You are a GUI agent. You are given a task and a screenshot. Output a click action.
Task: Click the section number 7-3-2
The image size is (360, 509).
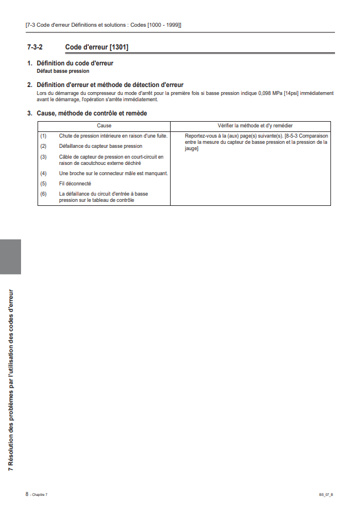[35, 46]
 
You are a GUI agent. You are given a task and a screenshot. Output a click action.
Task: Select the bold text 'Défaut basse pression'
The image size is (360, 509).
[63, 71]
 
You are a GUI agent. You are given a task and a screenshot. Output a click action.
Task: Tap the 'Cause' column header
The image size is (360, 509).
[104, 125]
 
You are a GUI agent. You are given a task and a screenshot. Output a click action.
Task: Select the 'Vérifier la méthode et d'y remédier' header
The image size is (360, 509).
[255, 125]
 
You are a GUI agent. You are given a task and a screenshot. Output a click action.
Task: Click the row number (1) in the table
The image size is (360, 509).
[43, 136]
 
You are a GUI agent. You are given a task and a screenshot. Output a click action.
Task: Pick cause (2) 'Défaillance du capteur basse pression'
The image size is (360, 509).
[100, 146]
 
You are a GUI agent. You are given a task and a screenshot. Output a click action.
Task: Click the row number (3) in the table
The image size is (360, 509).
[43, 156]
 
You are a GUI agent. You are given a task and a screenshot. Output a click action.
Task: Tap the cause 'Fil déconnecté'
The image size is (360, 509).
[75, 184]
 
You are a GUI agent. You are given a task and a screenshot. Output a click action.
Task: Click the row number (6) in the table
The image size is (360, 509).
[43, 194]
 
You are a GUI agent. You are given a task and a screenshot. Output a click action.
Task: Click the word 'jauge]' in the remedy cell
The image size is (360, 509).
[192, 148]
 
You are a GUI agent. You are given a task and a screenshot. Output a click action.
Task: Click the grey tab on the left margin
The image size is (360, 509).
[10, 256]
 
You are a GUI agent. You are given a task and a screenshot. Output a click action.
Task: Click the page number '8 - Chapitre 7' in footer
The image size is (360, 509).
[36, 495]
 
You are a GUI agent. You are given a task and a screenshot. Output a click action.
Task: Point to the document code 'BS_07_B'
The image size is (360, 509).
[326, 495]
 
